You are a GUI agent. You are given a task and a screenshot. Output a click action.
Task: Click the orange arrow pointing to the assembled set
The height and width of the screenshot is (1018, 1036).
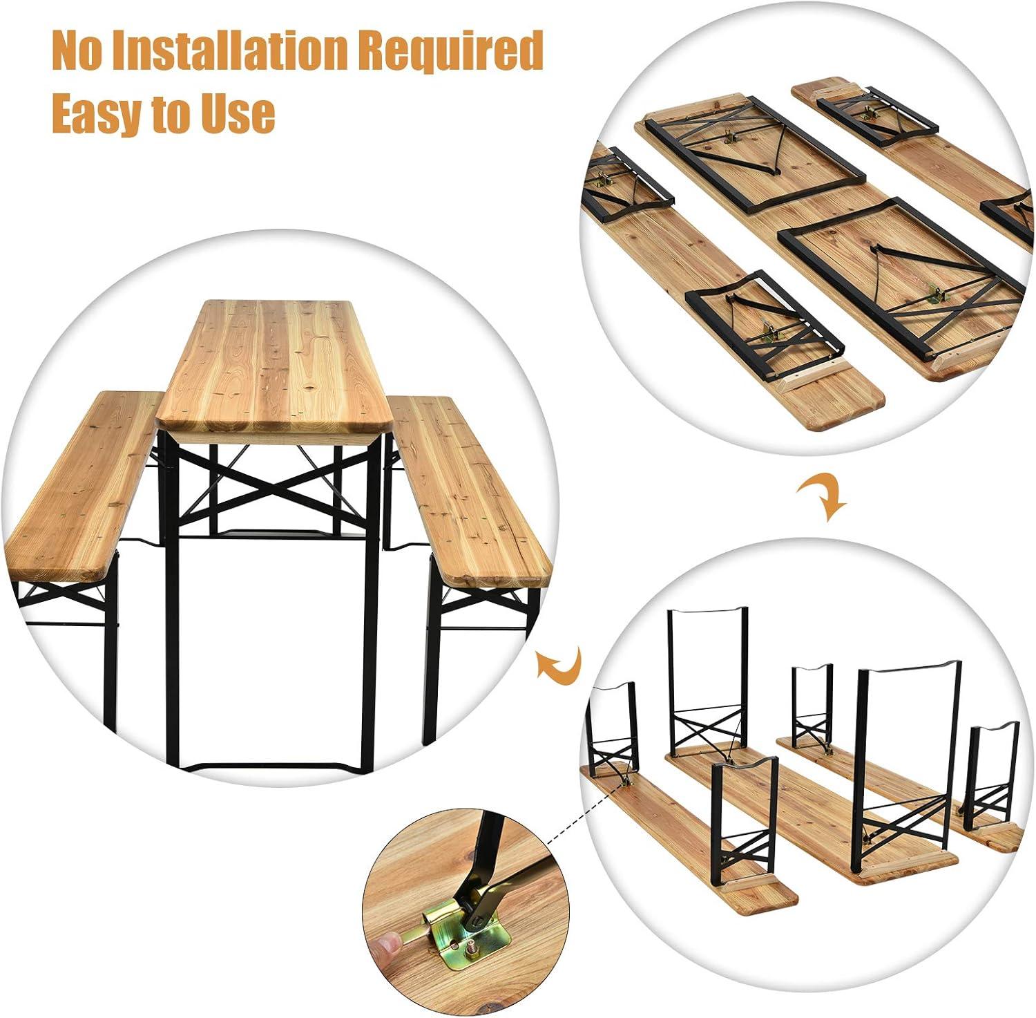pos(559,665)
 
